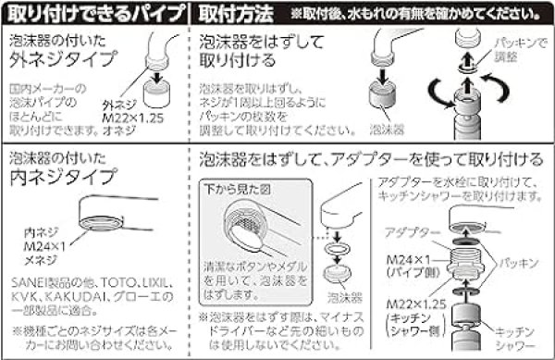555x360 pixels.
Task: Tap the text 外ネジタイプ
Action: click(73, 62)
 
